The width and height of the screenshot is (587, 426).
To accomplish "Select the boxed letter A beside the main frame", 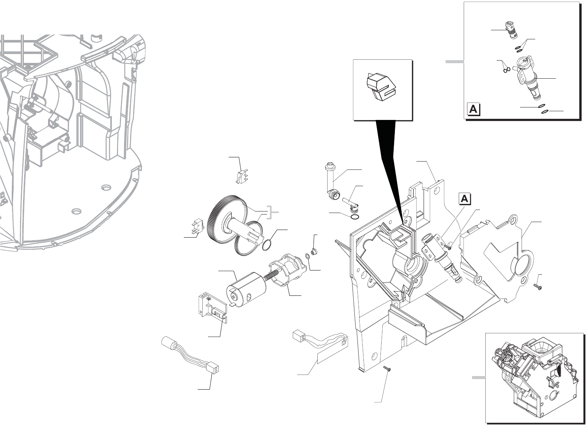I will click(x=465, y=199).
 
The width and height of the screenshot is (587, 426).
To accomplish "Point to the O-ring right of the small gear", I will click(x=267, y=245).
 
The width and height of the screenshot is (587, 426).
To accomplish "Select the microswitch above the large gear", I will click(x=241, y=176).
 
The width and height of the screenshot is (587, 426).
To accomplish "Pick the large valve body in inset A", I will click(x=526, y=76).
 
